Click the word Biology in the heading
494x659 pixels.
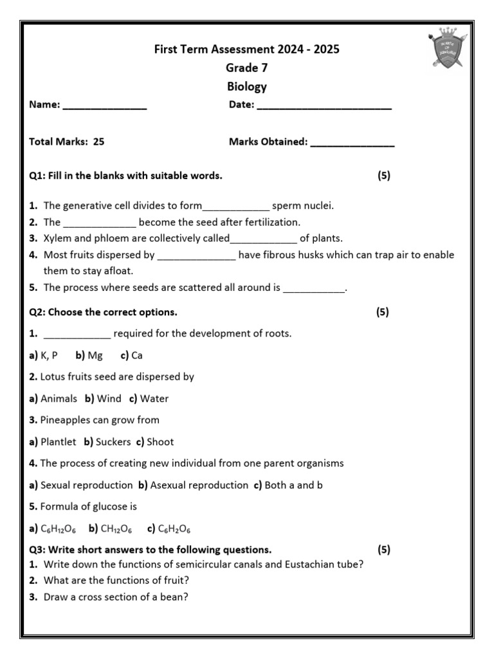click(246, 86)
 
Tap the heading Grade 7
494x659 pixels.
click(246, 68)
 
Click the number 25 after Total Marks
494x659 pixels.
click(98, 142)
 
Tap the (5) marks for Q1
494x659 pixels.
click(384, 176)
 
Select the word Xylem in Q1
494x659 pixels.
click(57, 238)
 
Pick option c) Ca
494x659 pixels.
click(132, 355)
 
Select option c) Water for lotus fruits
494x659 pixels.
click(149, 398)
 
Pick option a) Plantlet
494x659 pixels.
click(53, 441)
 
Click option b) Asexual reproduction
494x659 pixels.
click(193, 485)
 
